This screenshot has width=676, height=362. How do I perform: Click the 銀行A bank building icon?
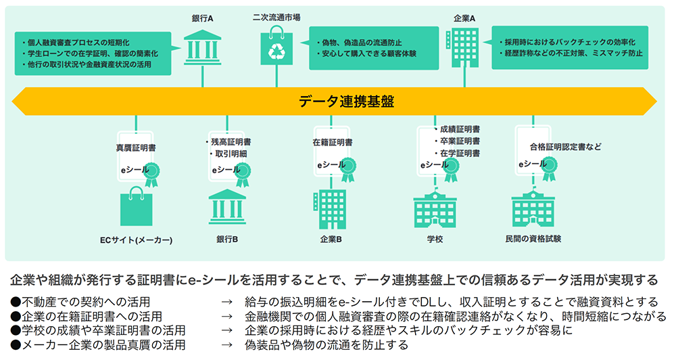pos(203,47)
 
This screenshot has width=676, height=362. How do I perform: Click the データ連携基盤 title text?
pos(346,101)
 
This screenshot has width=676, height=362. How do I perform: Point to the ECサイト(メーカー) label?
pos(137,240)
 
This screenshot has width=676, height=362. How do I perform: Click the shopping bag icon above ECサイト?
pos(137,206)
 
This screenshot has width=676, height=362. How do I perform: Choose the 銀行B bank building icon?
pos(227,206)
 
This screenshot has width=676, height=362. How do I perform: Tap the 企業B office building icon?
pos(330,210)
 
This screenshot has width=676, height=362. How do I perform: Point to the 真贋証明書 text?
pos(136,148)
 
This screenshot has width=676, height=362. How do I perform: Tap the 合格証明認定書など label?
pos(565,147)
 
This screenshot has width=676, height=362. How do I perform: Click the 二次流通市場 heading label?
pos(276,18)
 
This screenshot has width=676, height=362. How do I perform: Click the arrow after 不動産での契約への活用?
pos(226,302)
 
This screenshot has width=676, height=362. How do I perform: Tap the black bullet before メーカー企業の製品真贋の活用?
pos(16,344)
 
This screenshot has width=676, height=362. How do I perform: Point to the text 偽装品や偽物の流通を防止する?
pos(327,344)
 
